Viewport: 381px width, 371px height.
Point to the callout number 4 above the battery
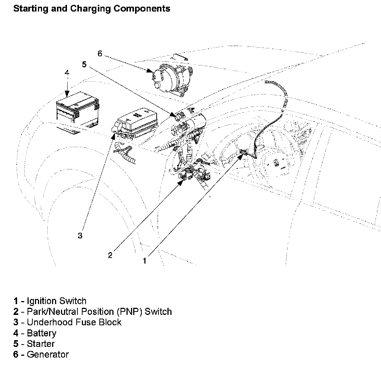pyautogui.click(x=67, y=73)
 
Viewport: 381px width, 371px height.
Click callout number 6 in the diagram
pyautogui.click(x=100, y=54)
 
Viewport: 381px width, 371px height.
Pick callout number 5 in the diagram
pyautogui.click(x=84, y=65)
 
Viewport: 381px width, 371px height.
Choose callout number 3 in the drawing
pyautogui.click(x=80, y=235)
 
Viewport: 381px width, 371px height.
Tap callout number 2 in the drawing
pyautogui.click(x=110, y=255)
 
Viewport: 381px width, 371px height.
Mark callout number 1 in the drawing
pyautogui.click(x=145, y=261)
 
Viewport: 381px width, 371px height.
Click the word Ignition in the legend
pyautogui.click(x=42, y=301)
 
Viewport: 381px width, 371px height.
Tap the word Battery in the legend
pyautogui.click(x=42, y=333)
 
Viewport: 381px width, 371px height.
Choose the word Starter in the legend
pyautogui.click(x=41, y=344)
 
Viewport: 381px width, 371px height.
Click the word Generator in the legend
pyautogui.click(x=48, y=355)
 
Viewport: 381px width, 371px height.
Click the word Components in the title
pyautogui.click(x=142, y=9)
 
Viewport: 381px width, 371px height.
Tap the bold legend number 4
pyautogui.click(x=16, y=333)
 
